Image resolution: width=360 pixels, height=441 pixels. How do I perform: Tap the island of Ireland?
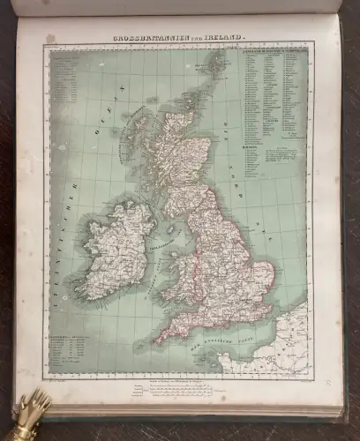pyautogui.click(x=110, y=248)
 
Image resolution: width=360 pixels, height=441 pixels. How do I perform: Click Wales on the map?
pyautogui.click(x=186, y=273)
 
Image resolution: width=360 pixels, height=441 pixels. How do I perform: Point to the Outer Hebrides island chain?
pyautogui.click(x=133, y=146)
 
